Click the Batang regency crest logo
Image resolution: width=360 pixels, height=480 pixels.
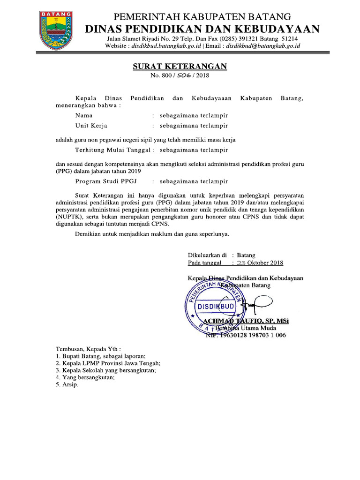[56, 30]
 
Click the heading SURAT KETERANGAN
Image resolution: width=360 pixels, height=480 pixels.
[180, 66]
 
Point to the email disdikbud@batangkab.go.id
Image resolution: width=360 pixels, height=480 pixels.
[263, 46]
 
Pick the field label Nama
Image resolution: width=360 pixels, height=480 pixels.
[84, 115]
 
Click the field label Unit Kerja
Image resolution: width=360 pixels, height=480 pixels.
[91, 126]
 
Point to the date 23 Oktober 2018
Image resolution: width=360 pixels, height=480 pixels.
[261, 263]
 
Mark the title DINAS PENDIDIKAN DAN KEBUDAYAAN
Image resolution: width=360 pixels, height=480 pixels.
[202, 29]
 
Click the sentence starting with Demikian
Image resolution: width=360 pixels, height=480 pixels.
[153, 233]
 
